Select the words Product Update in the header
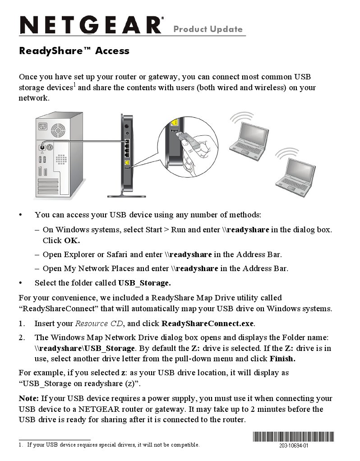tap(208, 29)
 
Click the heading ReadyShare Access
tap(74, 51)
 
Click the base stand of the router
tap(126, 195)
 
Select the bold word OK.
tap(72, 240)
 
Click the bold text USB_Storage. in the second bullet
tap(144, 283)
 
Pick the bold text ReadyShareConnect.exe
tap(208, 323)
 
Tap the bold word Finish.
tap(282, 359)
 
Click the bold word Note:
tap(28, 398)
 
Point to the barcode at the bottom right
tap(294, 437)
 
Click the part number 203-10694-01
tap(294, 446)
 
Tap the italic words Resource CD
tap(98, 323)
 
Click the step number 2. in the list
tap(22, 337)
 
